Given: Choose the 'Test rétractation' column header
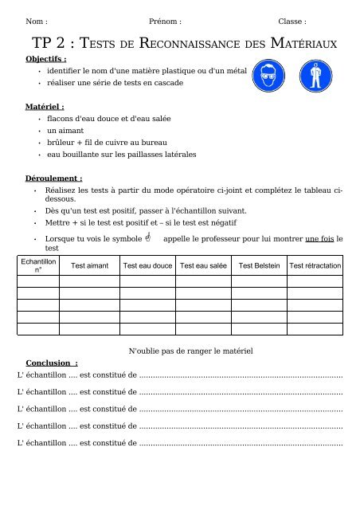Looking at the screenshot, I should [x=315, y=266].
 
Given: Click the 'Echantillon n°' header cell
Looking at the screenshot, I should [x=37, y=265].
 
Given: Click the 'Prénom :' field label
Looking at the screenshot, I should [x=165, y=22].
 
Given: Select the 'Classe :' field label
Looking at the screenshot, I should [x=292, y=22].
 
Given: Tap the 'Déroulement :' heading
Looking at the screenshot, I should [x=55, y=179].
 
